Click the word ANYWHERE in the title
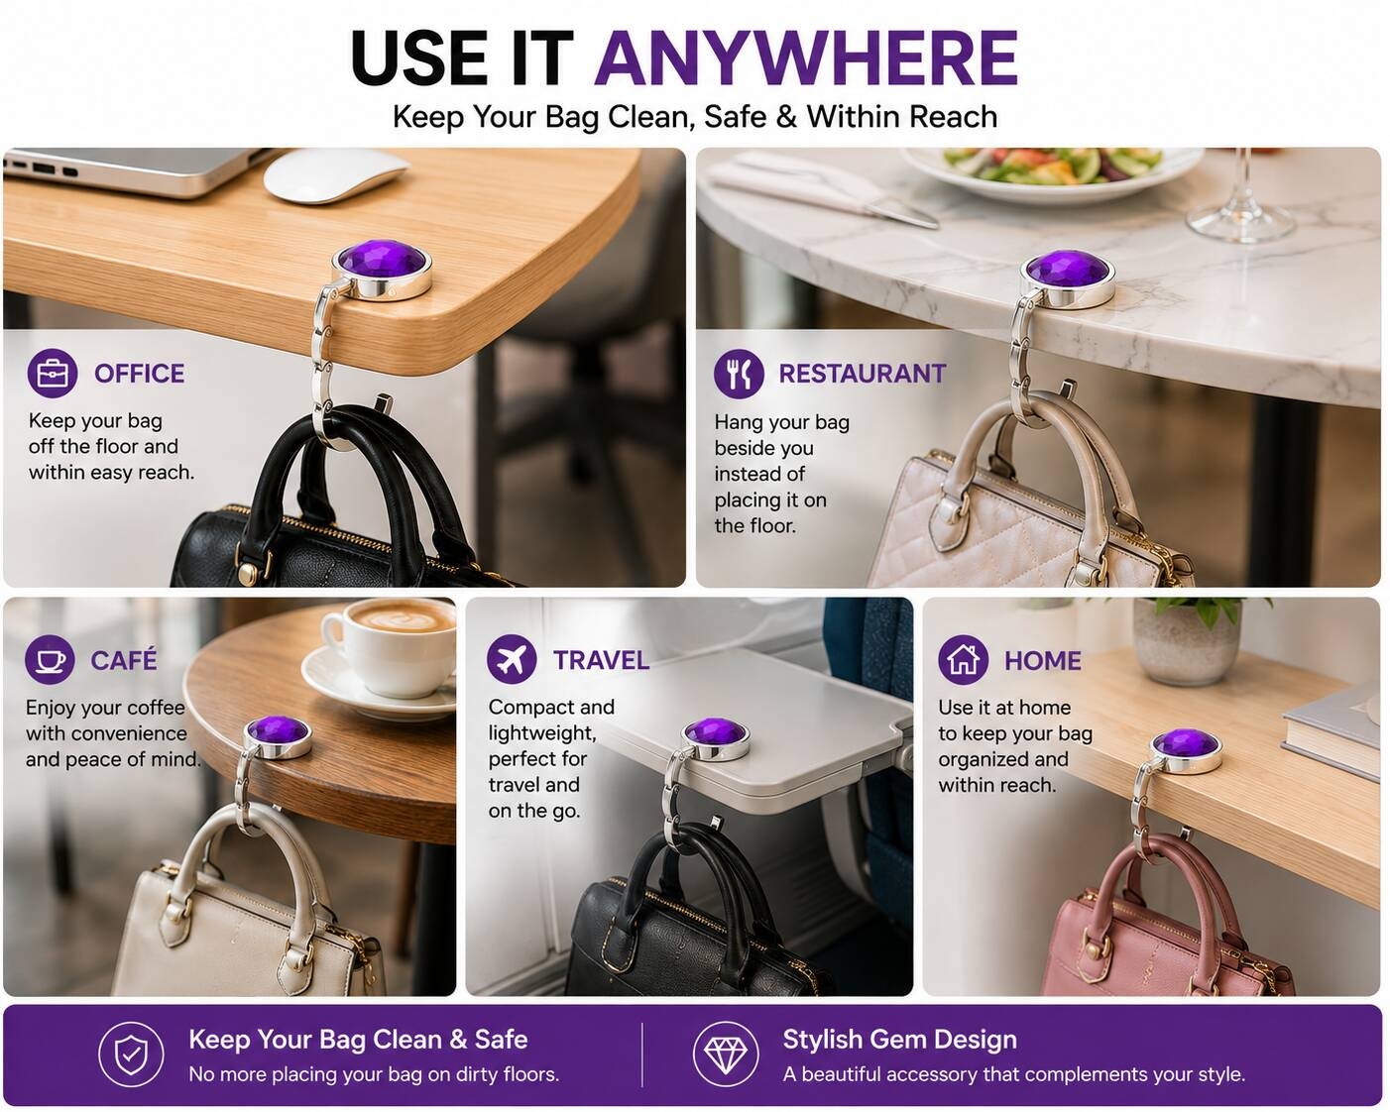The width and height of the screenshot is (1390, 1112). click(806, 58)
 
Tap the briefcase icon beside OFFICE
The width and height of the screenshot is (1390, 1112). click(53, 374)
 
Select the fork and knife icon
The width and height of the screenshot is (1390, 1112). click(739, 374)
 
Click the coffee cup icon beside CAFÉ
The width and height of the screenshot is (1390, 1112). click(50, 659)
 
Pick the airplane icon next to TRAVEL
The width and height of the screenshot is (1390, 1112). click(512, 659)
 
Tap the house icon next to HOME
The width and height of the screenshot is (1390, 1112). click(963, 659)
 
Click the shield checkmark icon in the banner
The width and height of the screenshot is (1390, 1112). click(131, 1055)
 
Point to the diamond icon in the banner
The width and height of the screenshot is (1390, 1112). click(726, 1055)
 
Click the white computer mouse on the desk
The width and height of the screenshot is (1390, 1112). click(336, 175)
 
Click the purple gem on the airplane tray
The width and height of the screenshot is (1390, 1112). click(716, 732)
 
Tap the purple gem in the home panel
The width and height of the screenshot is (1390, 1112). click(1187, 742)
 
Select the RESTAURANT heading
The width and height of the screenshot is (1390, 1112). click(863, 374)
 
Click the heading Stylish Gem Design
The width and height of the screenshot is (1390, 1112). click(900, 1039)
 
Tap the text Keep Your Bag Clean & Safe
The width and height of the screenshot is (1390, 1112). click(359, 1039)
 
